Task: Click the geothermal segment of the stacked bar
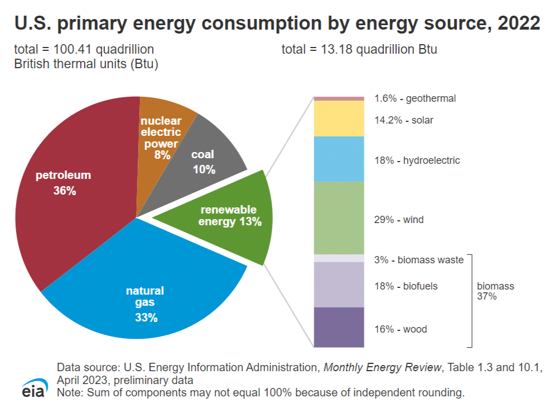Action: [x=339, y=98]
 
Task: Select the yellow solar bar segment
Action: [x=339, y=119]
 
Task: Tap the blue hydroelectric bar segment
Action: [x=339, y=159]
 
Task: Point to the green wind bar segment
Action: [x=339, y=218]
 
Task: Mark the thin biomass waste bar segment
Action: [x=339, y=258]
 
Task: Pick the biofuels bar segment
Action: [x=339, y=285]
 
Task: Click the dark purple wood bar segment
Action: [x=339, y=327]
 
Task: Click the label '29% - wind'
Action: [x=398, y=220]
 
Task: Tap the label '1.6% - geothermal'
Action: [x=415, y=98]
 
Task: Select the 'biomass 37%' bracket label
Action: [x=495, y=291]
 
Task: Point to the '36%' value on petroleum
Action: [x=64, y=191]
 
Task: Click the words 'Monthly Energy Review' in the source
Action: [x=383, y=367]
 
